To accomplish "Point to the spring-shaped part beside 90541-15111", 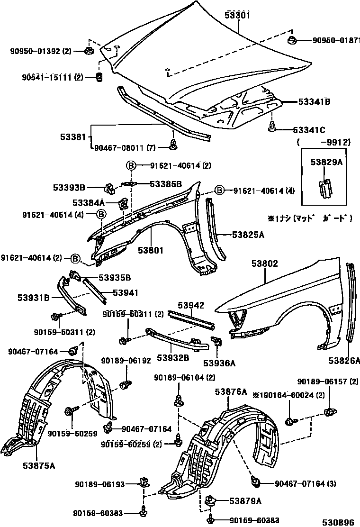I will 99,77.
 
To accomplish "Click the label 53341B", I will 314,101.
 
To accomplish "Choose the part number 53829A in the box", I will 326,162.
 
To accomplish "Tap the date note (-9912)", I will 324,142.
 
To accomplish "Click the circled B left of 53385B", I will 131,165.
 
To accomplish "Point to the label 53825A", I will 248,234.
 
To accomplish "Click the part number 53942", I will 191,305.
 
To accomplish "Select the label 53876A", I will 231,391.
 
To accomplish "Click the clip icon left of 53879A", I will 212,499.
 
